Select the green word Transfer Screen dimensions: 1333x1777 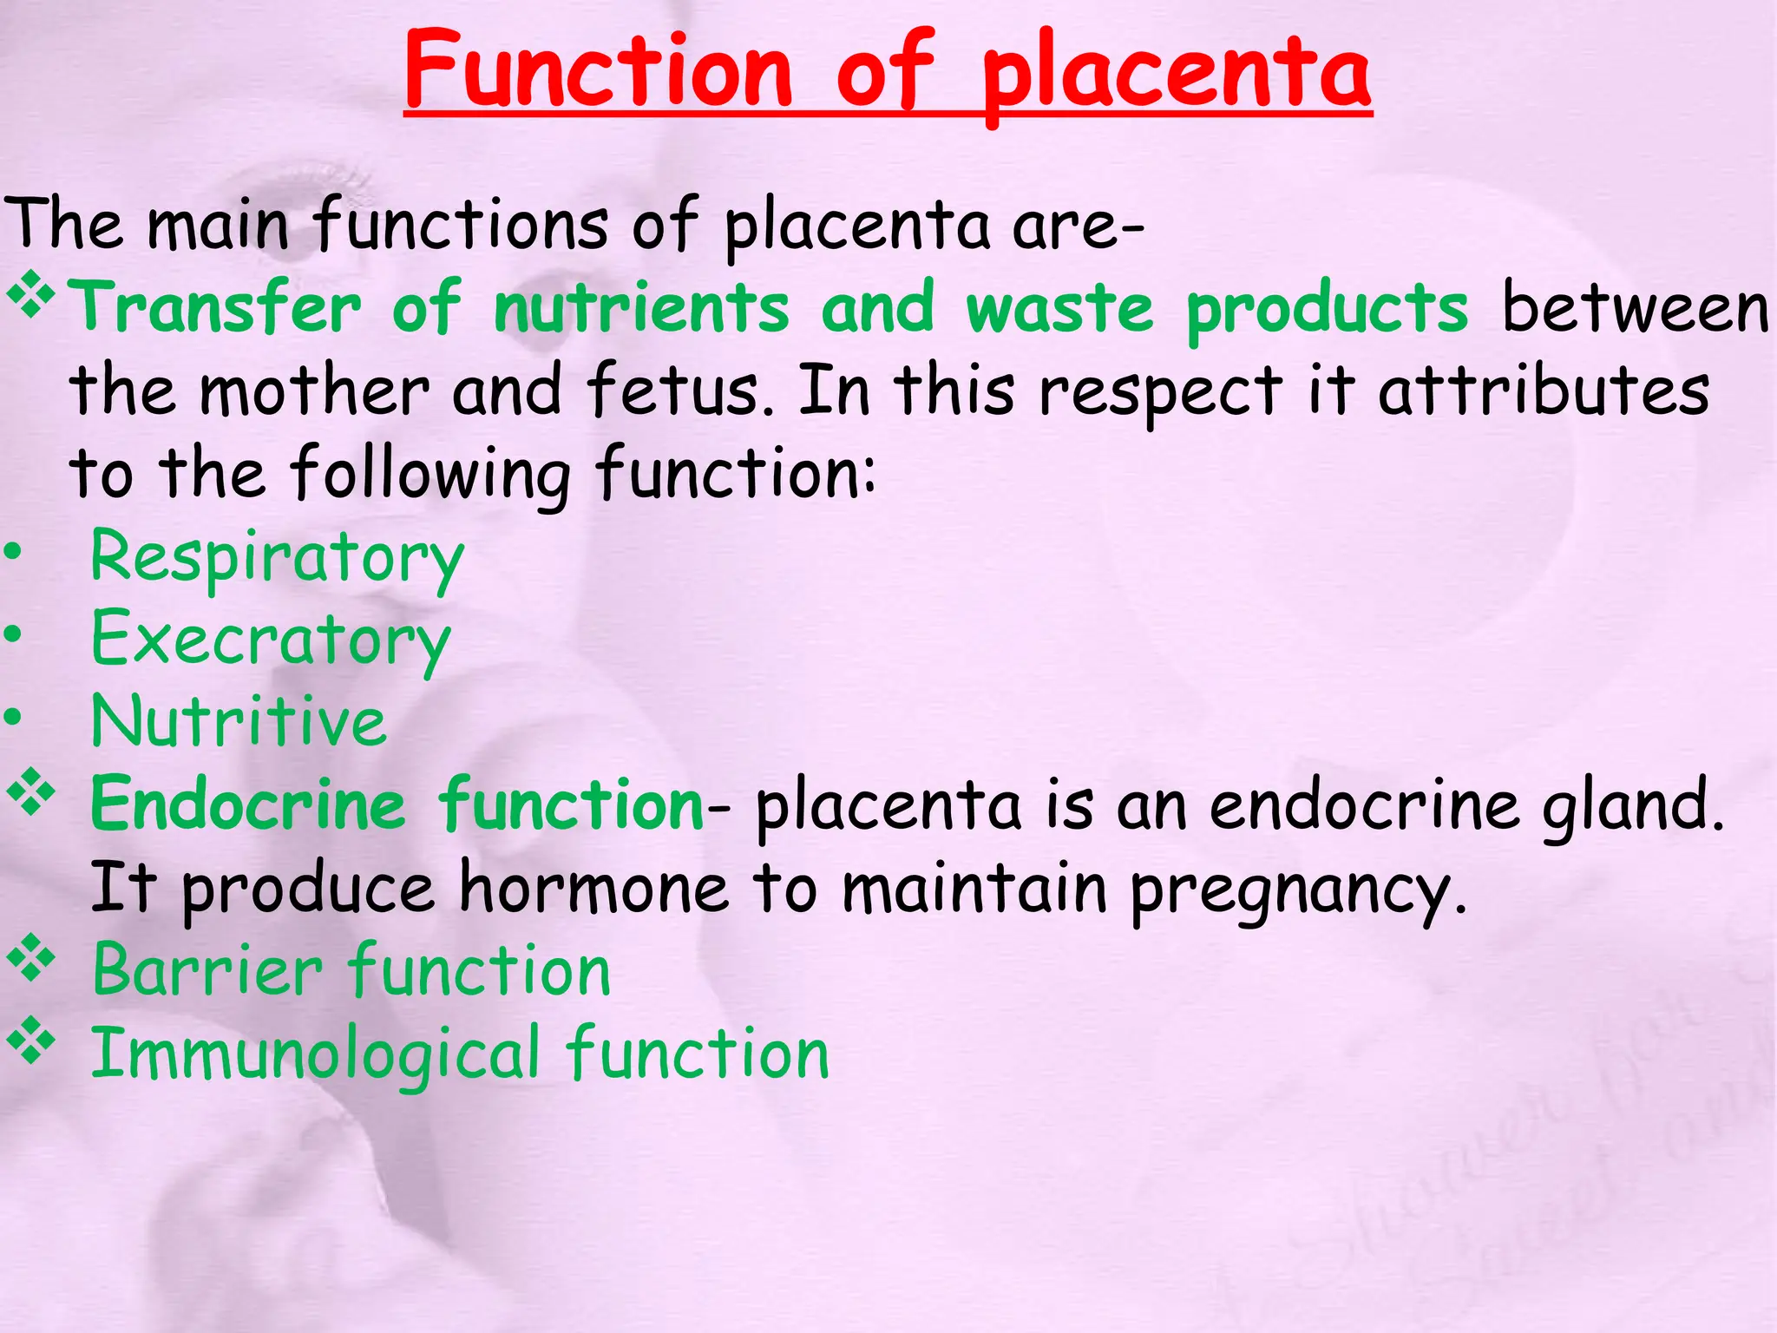(x=214, y=307)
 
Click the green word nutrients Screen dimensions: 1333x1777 (x=641, y=307)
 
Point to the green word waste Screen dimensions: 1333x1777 (x=1059, y=307)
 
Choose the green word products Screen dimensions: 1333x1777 (x=1327, y=310)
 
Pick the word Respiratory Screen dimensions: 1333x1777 (x=277, y=558)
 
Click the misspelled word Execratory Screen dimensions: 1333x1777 (x=271, y=640)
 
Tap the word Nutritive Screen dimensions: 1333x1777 (x=239, y=721)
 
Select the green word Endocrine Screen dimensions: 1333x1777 (x=248, y=804)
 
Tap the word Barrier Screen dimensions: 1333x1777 (x=207, y=970)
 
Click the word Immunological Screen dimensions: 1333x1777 (x=316, y=1055)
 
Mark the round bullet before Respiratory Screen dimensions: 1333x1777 (x=13, y=552)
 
